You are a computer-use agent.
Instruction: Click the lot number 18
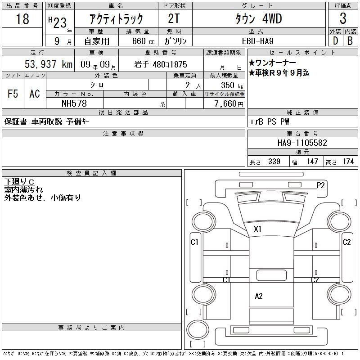(22, 18)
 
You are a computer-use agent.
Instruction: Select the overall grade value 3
(343, 18)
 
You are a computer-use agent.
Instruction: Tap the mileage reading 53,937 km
(49, 64)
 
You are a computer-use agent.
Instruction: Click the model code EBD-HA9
(257, 41)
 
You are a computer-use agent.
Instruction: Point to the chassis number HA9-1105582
(302, 143)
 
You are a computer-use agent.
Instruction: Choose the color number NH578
(74, 103)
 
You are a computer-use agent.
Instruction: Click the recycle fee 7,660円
(229, 104)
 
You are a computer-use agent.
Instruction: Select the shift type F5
(13, 94)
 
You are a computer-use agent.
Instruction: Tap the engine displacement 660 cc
(143, 41)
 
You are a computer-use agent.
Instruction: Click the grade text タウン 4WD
(258, 18)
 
